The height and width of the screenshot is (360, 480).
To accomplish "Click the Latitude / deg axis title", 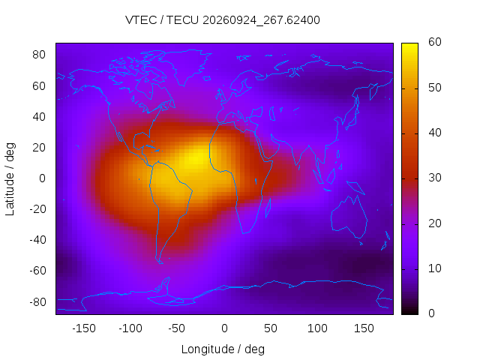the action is click(x=10, y=179).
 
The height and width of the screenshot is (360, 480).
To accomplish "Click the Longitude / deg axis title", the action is click(x=223, y=349).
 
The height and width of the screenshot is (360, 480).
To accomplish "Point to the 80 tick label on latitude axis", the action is click(x=39, y=55).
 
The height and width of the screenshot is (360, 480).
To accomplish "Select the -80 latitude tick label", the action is click(x=37, y=302).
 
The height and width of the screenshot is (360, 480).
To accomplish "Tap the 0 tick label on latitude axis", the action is click(x=42, y=178).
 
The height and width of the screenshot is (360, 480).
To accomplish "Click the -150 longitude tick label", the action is click(x=84, y=328).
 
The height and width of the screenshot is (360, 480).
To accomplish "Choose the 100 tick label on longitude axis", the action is click(x=317, y=328).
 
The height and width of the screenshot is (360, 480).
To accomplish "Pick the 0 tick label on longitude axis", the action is click(x=224, y=328).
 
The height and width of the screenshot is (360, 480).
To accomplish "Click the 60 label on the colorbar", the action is click(x=435, y=42).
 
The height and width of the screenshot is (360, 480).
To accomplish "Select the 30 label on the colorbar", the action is click(x=435, y=178).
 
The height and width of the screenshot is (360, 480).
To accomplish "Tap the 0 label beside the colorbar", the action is click(x=431, y=313).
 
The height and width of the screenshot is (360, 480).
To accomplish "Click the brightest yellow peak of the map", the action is click(x=196, y=158).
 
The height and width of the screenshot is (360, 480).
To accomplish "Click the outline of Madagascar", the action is click(x=268, y=208).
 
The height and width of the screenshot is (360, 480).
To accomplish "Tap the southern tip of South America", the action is click(x=160, y=262).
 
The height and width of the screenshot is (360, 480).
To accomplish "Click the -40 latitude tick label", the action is click(x=37, y=240).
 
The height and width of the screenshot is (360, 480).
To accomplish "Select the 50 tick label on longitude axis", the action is click(x=271, y=328).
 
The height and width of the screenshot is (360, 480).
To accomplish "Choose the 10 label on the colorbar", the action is click(x=435, y=268).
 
